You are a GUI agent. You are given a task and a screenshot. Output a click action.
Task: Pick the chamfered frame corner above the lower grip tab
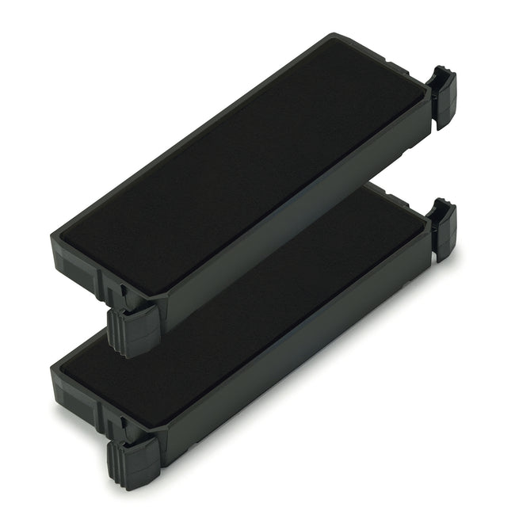pos(158,433)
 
